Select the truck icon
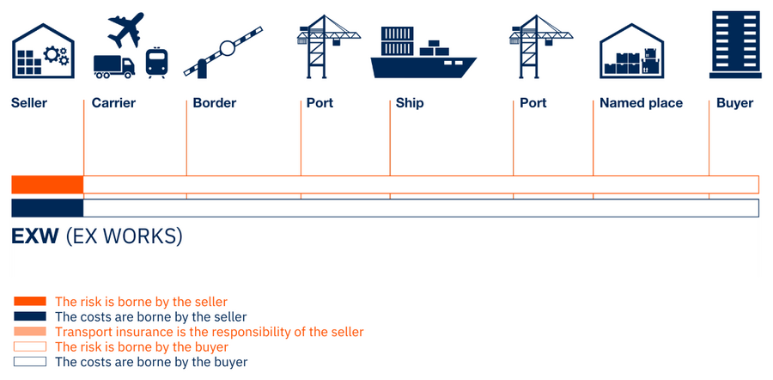pos(113,65)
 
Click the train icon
pos(156,63)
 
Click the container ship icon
pos(423,53)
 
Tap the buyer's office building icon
pos(736,43)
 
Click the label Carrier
pos(113,103)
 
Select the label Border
pos(214,103)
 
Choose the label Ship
pos(410,103)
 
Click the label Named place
pos(641,103)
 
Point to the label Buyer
pos(734,103)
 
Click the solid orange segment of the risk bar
pos(47,184)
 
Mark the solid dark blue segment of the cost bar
pos(47,208)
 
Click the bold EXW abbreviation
pos(35,236)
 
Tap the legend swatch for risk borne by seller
pos(29,302)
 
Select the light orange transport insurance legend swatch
pos(29,332)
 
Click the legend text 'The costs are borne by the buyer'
pos(151,362)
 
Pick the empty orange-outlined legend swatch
pos(29,347)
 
